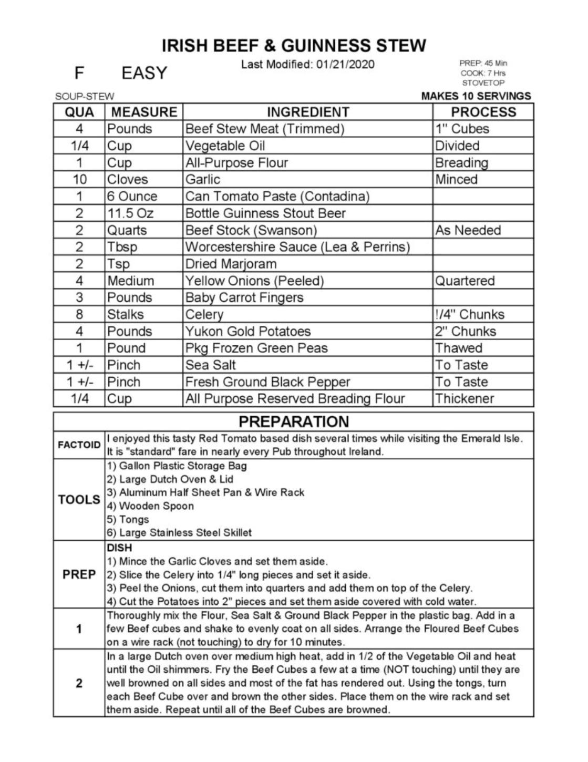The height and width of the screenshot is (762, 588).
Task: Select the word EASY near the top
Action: point(144,73)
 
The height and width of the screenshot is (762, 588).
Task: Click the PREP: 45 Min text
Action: point(483,63)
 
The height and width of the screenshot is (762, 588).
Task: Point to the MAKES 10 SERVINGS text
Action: point(476,96)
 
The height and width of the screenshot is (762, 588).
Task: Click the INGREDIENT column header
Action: point(307,112)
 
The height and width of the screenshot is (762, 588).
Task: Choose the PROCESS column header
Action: point(483,112)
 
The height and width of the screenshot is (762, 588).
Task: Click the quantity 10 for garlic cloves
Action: point(79,179)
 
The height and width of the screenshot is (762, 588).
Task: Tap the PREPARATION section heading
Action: point(293,421)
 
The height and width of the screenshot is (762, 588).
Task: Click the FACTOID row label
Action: point(79,445)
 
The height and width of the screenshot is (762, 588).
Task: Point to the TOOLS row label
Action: point(79,499)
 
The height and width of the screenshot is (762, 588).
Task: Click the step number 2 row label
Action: point(79,683)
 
